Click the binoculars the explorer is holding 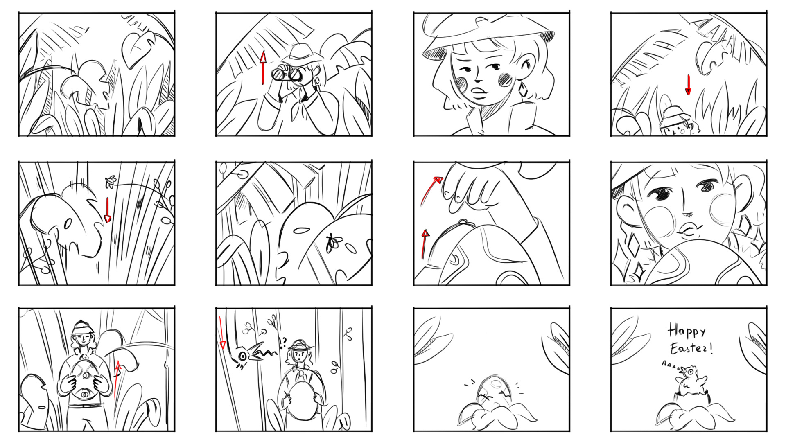[x=287, y=74]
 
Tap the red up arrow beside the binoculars [x=263, y=68]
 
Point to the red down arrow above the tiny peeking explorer [x=688, y=85]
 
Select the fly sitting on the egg [x=333, y=243]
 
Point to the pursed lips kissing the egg [x=689, y=230]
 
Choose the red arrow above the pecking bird [x=221, y=332]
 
